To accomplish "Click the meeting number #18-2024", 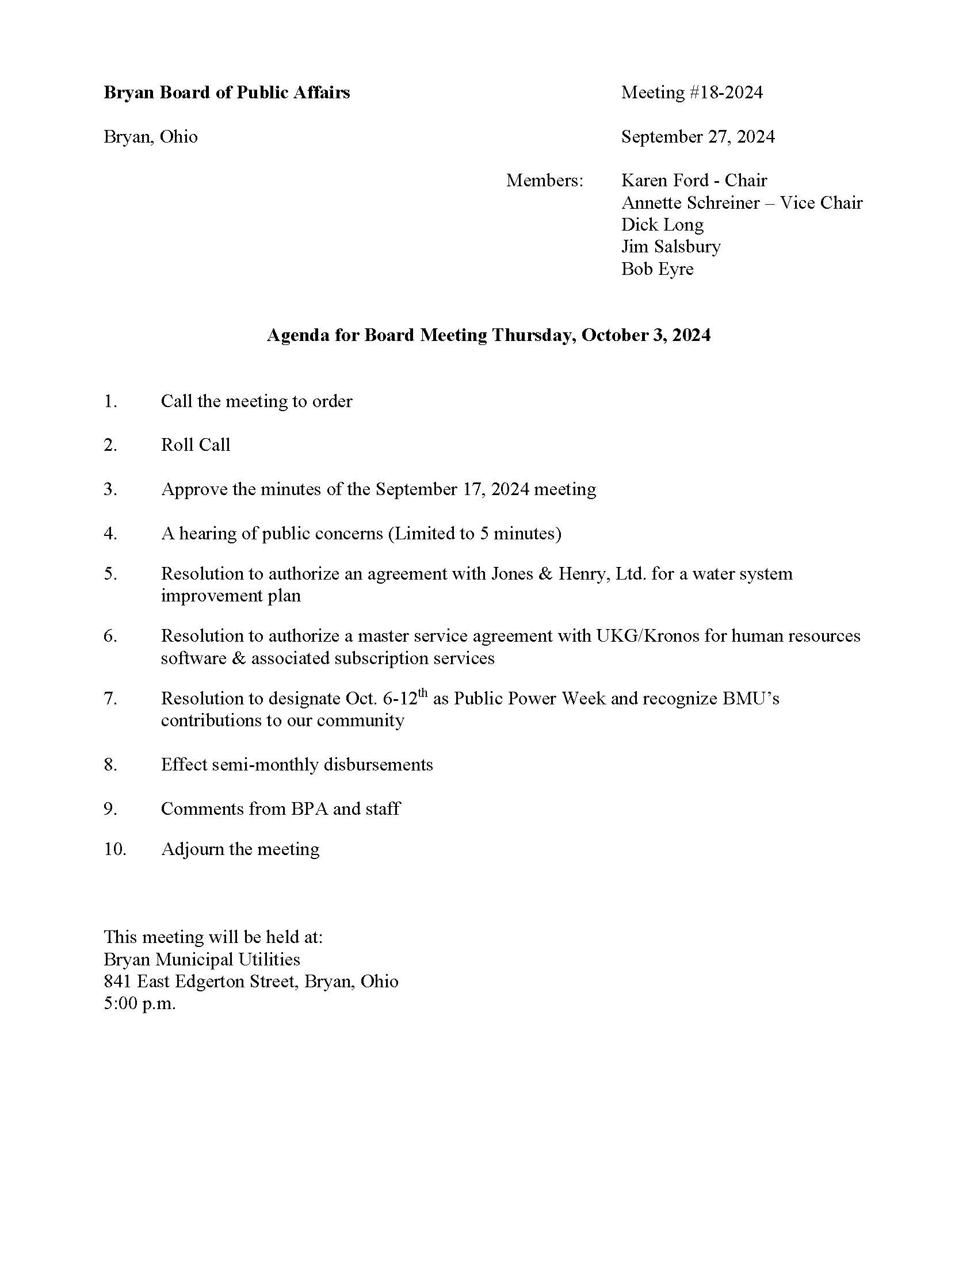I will tap(725, 93).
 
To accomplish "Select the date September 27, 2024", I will tap(698, 137).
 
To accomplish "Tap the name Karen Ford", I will tap(664, 181).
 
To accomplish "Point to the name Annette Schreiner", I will tap(690, 203).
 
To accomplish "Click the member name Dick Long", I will tap(662, 225).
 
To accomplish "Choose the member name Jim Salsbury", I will tap(671, 247).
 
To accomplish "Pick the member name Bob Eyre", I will tap(657, 269).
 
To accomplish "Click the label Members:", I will tap(545, 181).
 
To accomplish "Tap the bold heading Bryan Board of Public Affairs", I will tap(227, 93).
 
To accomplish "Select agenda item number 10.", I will tap(114, 849).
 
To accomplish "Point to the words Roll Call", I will tap(195, 445).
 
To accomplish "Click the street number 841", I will tap(117, 981).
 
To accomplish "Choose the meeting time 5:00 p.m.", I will tap(140, 1003).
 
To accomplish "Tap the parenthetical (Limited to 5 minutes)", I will tap(475, 534).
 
